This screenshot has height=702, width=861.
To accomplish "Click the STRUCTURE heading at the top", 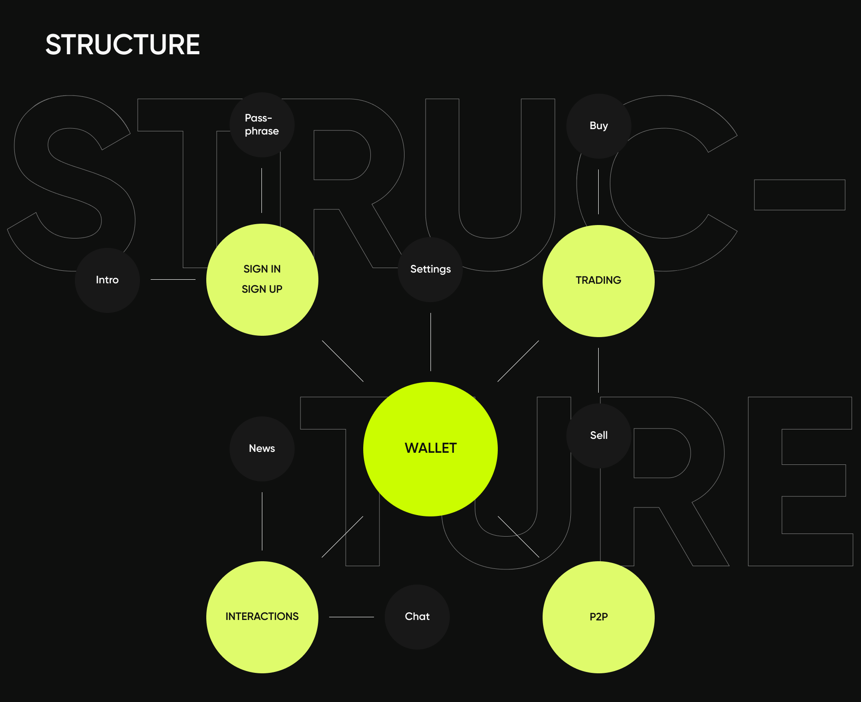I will pos(122,45).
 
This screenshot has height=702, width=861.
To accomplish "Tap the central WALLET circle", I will pos(430,449).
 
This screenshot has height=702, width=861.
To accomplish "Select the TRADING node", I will pos(598,281).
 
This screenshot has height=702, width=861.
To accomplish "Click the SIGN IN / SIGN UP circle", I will pos(262,279).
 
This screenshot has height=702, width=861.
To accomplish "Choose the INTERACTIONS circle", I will pos(262,617).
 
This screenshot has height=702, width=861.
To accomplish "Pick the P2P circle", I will pos(598,617).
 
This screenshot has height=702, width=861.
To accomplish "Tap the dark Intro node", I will pos(107,280).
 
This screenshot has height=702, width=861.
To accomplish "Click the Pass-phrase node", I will pos(262,125).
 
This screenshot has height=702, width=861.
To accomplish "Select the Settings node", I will pos(430,269).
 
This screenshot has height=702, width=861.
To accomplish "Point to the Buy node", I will pos(599,126).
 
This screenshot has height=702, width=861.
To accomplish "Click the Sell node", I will pos(599,436).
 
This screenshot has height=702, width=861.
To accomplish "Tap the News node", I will pos(262,449).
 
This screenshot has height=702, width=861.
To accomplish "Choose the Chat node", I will pos(417,617).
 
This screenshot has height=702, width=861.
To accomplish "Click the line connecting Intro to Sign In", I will pos(173,279).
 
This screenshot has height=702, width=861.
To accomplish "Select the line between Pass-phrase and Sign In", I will pos(261,191).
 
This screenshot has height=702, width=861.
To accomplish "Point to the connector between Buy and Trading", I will pos(598,192).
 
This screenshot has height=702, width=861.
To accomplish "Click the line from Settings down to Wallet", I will pos(430,342).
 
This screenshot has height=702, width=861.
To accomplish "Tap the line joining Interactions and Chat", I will pos(351,617).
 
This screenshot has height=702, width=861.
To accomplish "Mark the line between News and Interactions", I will pos(262,521).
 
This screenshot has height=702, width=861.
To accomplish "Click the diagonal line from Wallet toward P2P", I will pos(518,537).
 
